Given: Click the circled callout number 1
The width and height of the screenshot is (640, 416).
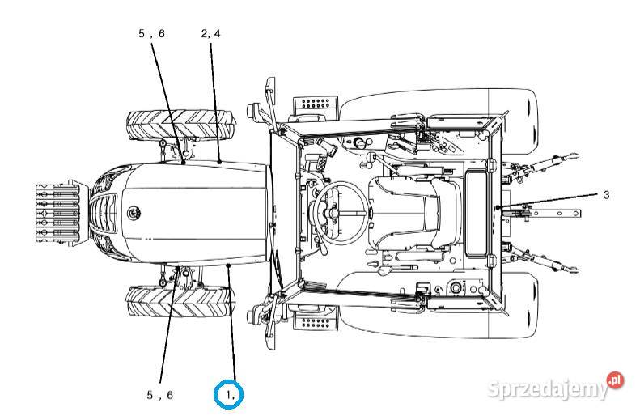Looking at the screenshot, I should tap(228, 394).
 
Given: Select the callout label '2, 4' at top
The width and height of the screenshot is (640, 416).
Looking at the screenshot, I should tap(210, 34).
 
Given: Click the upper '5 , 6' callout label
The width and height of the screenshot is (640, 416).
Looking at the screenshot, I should tap(151, 34).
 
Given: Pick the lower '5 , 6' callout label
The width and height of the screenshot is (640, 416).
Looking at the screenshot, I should tap(159, 395).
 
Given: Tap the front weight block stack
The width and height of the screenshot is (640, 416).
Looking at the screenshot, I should tap(57, 212).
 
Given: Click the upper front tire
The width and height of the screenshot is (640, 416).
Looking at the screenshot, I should tap(180, 125).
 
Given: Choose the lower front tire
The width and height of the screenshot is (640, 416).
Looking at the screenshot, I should tap(180, 302).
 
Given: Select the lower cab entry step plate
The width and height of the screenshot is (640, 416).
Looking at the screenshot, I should tap(316, 323).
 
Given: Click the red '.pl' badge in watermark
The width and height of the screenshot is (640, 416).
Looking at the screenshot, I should tap(616, 380).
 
